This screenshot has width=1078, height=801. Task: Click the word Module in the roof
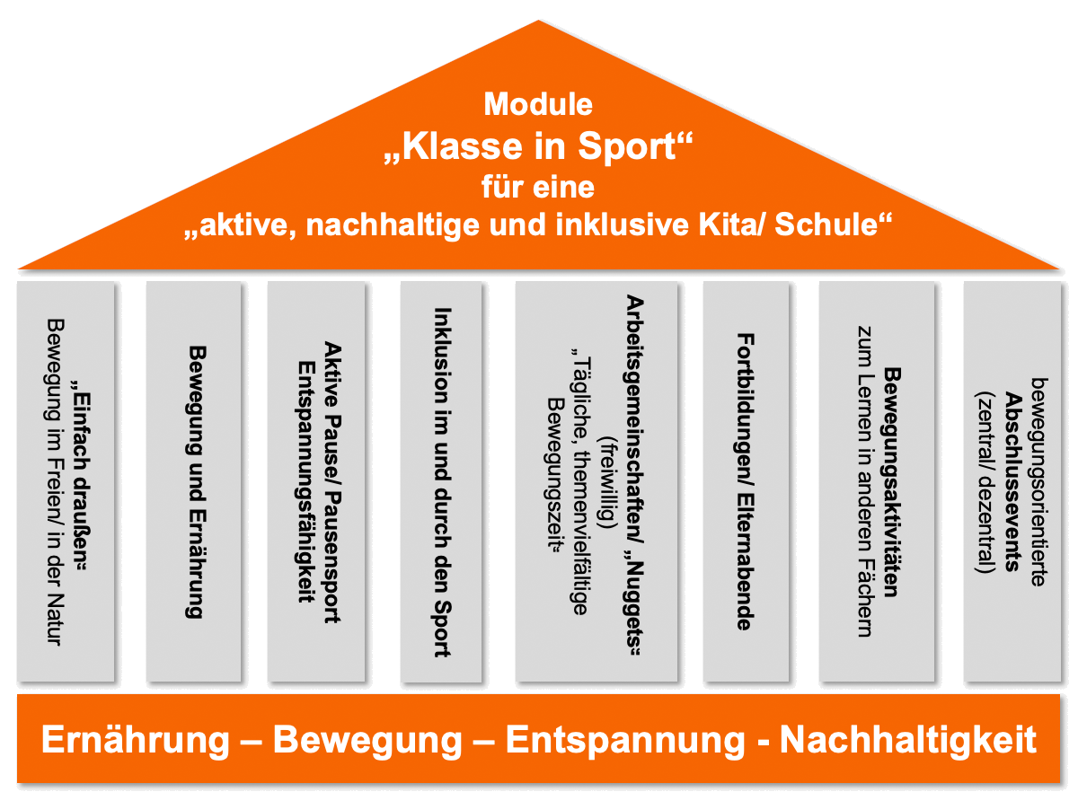[538, 104]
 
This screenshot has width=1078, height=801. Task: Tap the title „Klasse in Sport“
[538, 146]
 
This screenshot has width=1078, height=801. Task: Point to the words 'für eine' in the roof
[538, 188]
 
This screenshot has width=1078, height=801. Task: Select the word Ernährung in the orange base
[136, 741]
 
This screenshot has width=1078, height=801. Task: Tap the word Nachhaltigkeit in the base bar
[907, 741]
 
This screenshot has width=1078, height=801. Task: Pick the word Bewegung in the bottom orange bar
[367, 741]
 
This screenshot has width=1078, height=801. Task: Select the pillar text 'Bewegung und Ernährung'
[194, 481]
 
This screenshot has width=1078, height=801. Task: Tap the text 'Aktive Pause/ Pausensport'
[331, 481]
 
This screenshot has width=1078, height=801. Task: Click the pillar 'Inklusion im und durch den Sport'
[441, 481]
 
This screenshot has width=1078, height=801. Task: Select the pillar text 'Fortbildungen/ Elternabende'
[745, 481]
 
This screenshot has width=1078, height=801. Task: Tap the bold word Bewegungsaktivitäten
[891, 481]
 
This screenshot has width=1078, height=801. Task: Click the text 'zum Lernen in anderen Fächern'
[864, 481]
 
